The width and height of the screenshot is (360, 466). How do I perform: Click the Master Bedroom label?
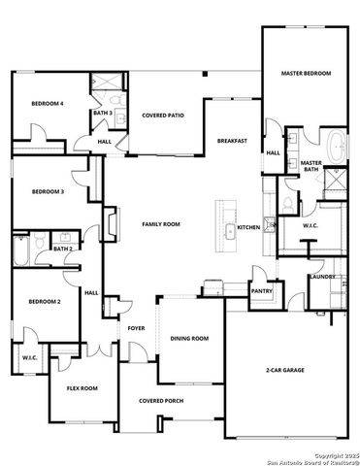point(306,74)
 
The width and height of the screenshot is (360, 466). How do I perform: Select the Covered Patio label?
point(163,116)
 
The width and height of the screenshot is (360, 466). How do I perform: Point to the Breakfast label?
point(231,141)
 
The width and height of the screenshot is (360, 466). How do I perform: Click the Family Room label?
point(161,224)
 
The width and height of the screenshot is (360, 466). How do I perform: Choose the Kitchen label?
point(248,227)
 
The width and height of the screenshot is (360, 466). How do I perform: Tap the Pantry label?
point(261,290)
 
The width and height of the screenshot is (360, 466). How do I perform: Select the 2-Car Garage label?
point(286,370)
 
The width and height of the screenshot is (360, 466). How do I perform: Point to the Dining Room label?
point(189,338)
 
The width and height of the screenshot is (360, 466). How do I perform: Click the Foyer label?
point(136,328)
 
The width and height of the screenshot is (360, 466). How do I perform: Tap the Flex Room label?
point(82,388)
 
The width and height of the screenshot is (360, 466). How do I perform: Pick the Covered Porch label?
point(161,401)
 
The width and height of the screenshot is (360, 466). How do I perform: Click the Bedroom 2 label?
point(46,302)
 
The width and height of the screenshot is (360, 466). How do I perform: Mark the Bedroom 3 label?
point(48,192)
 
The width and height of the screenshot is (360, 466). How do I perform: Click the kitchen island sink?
point(231,231)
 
